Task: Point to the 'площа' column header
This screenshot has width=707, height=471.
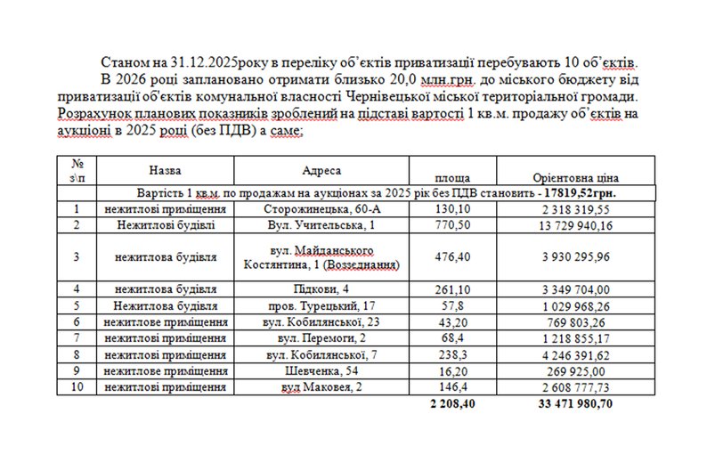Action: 452,177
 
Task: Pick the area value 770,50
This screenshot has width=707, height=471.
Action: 452,227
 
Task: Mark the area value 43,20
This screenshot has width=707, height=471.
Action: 452,321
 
